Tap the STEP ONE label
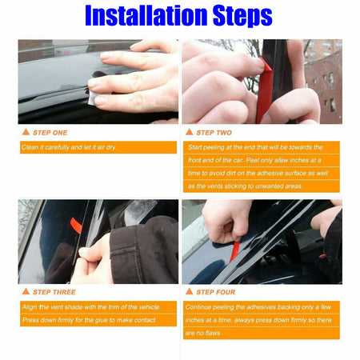pos(49,132)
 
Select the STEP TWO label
pos(214,132)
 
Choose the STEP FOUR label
pos(217,292)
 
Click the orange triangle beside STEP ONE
pos(26,132)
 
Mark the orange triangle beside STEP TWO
pos(190,132)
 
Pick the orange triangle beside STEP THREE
pos(26,292)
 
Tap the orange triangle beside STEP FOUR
pos(190,292)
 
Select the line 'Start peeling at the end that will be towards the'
pos(254,147)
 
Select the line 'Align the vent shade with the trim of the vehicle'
pos(90,307)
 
